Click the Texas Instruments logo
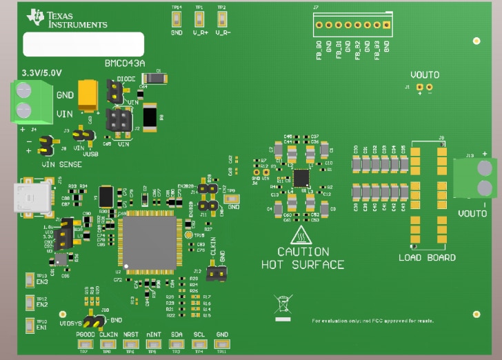coord(68,19)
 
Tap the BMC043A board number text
coord(125,63)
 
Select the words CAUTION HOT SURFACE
coord(303,258)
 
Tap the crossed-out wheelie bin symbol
coord(282,304)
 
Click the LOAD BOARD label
coord(427,257)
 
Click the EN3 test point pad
coord(30,279)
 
